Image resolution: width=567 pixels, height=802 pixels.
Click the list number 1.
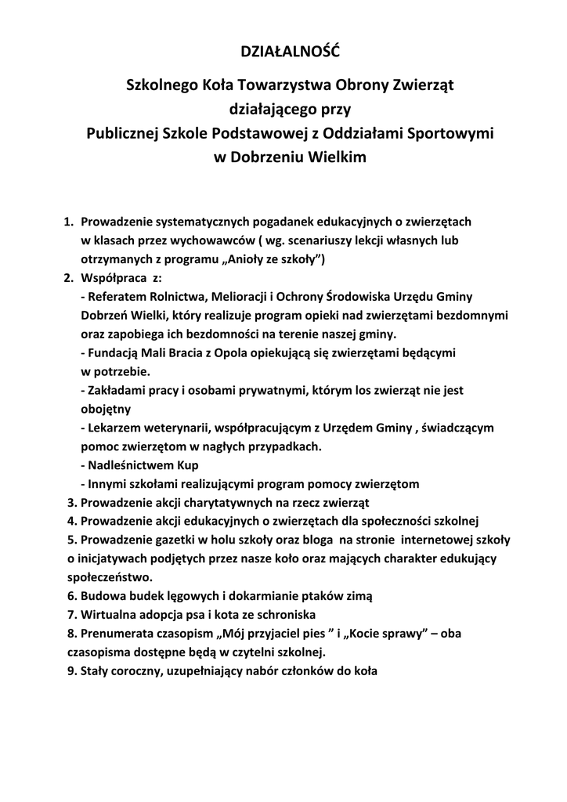(67, 222)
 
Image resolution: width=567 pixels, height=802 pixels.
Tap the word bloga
(312, 540)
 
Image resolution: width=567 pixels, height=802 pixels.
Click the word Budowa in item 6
(102, 596)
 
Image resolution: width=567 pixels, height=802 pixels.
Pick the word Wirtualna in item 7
(109, 614)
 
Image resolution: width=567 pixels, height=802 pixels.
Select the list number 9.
(70, 670)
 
